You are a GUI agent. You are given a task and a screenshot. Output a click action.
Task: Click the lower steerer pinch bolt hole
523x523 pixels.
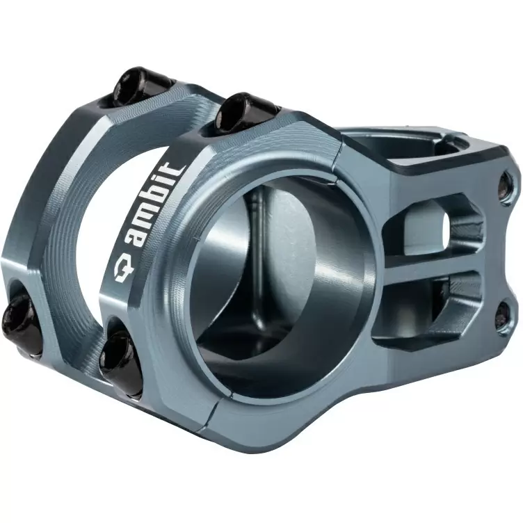(x=502, y=316)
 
